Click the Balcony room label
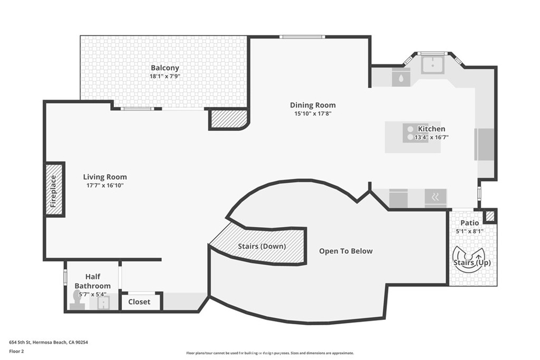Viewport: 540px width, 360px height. tap(165, 68)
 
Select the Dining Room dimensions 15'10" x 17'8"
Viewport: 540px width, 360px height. tap(313, 113)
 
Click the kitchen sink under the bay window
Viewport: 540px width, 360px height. tap(432, 65)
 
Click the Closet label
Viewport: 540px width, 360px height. tap(139, 302)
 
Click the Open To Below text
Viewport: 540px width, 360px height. tap(345, 251)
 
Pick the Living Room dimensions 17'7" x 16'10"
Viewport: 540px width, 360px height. tap(104, 186)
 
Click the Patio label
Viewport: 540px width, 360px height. tap(469, 223)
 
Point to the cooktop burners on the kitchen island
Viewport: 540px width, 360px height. tap(410, 133)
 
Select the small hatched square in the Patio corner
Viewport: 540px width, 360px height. tap(490, 216)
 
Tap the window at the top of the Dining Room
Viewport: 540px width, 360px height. tap(302, 37)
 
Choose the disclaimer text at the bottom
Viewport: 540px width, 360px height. tap(269, 353)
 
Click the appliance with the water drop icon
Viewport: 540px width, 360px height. tap(401, 78)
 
